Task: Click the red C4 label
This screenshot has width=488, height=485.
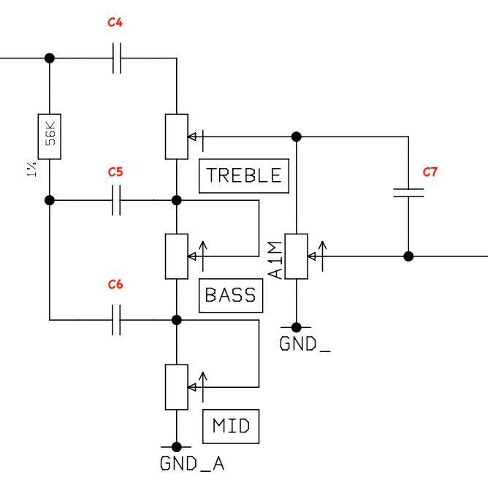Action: point(115,23)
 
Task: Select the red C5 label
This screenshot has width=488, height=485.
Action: point(115,172)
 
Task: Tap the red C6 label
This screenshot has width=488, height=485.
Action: point(115,285)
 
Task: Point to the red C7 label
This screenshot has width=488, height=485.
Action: point(430,172)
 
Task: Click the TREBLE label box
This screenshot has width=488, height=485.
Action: point(243,175)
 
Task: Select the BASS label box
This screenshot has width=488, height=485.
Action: point(230,295)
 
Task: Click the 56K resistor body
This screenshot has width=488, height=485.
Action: point(49,137)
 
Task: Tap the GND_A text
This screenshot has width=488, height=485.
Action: point(188,464)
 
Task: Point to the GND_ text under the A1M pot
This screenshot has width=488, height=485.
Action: point(305,344)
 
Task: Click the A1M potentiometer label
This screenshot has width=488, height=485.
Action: point(275,264)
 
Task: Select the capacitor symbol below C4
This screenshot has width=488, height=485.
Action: point(117,58)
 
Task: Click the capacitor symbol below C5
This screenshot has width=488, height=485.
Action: point(117,199)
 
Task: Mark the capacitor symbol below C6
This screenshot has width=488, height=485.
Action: point(117,320)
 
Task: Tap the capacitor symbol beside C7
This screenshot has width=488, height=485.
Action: point(408,192)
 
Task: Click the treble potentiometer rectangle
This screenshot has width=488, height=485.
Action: point(176,137)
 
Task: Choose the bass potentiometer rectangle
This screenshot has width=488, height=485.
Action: point(176,256)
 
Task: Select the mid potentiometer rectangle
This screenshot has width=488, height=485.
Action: point(176,386)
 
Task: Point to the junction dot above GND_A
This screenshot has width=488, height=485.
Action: point(176,446)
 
